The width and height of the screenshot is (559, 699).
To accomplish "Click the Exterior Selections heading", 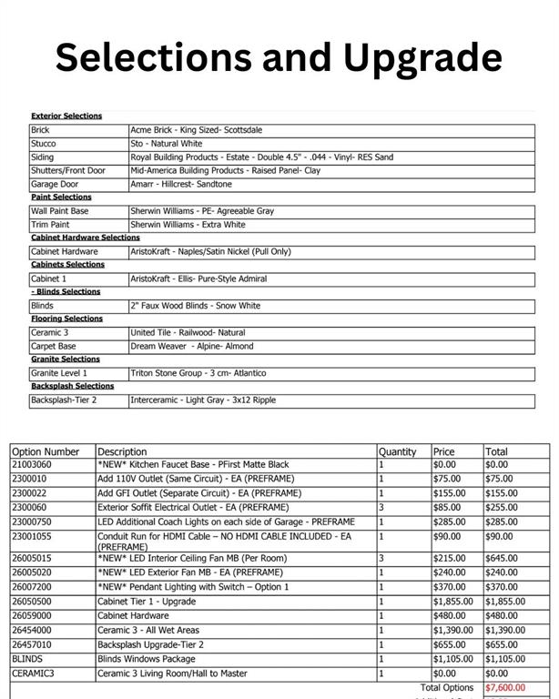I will pos(66,116).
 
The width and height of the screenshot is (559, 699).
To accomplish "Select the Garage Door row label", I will pos(56,184).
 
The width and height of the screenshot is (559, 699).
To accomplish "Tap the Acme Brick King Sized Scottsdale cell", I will pos(197,130).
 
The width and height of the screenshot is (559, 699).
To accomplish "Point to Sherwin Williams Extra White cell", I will pos(188,224).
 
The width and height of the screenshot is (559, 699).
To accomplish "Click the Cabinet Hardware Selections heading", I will pos(86,238).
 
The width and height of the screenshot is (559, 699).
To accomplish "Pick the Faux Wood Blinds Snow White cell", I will pos(195,306).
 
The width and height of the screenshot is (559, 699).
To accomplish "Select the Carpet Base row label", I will pos(54,346).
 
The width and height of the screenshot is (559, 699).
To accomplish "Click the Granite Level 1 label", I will pos(59,373).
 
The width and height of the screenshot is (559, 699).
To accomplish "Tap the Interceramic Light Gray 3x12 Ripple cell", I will pos(202,400).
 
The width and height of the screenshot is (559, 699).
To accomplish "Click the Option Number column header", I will pos(46,451).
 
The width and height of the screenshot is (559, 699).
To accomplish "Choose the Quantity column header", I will pos(397,451).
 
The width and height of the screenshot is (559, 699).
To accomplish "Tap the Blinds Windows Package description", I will pos(147,659).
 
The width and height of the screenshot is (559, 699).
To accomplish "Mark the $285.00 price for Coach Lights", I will pos(448,522).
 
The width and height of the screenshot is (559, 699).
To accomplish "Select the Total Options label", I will pos(447,688).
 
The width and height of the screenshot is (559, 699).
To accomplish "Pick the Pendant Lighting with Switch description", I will pos(193,587).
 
